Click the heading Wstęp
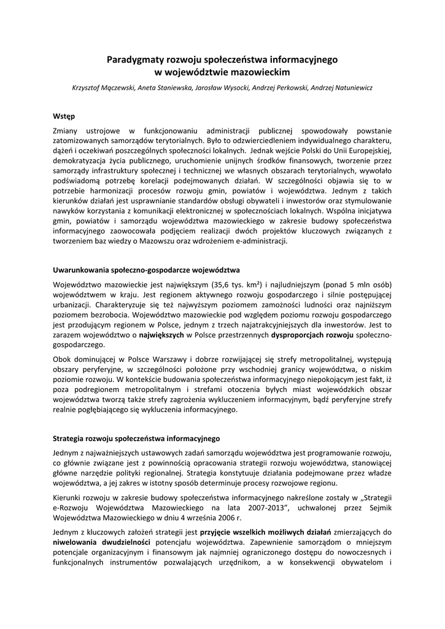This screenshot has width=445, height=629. coord(64,115)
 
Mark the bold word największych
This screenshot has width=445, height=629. coord(162,335)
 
